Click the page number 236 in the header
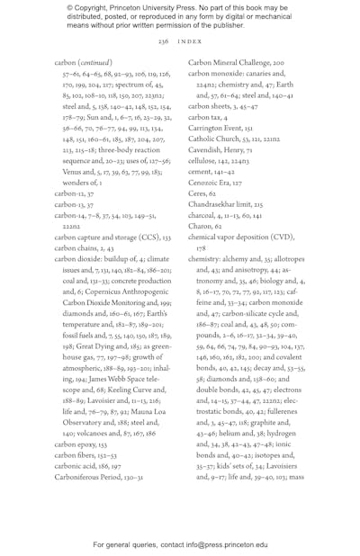click(163, 41)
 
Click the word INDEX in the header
click(190, 41)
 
